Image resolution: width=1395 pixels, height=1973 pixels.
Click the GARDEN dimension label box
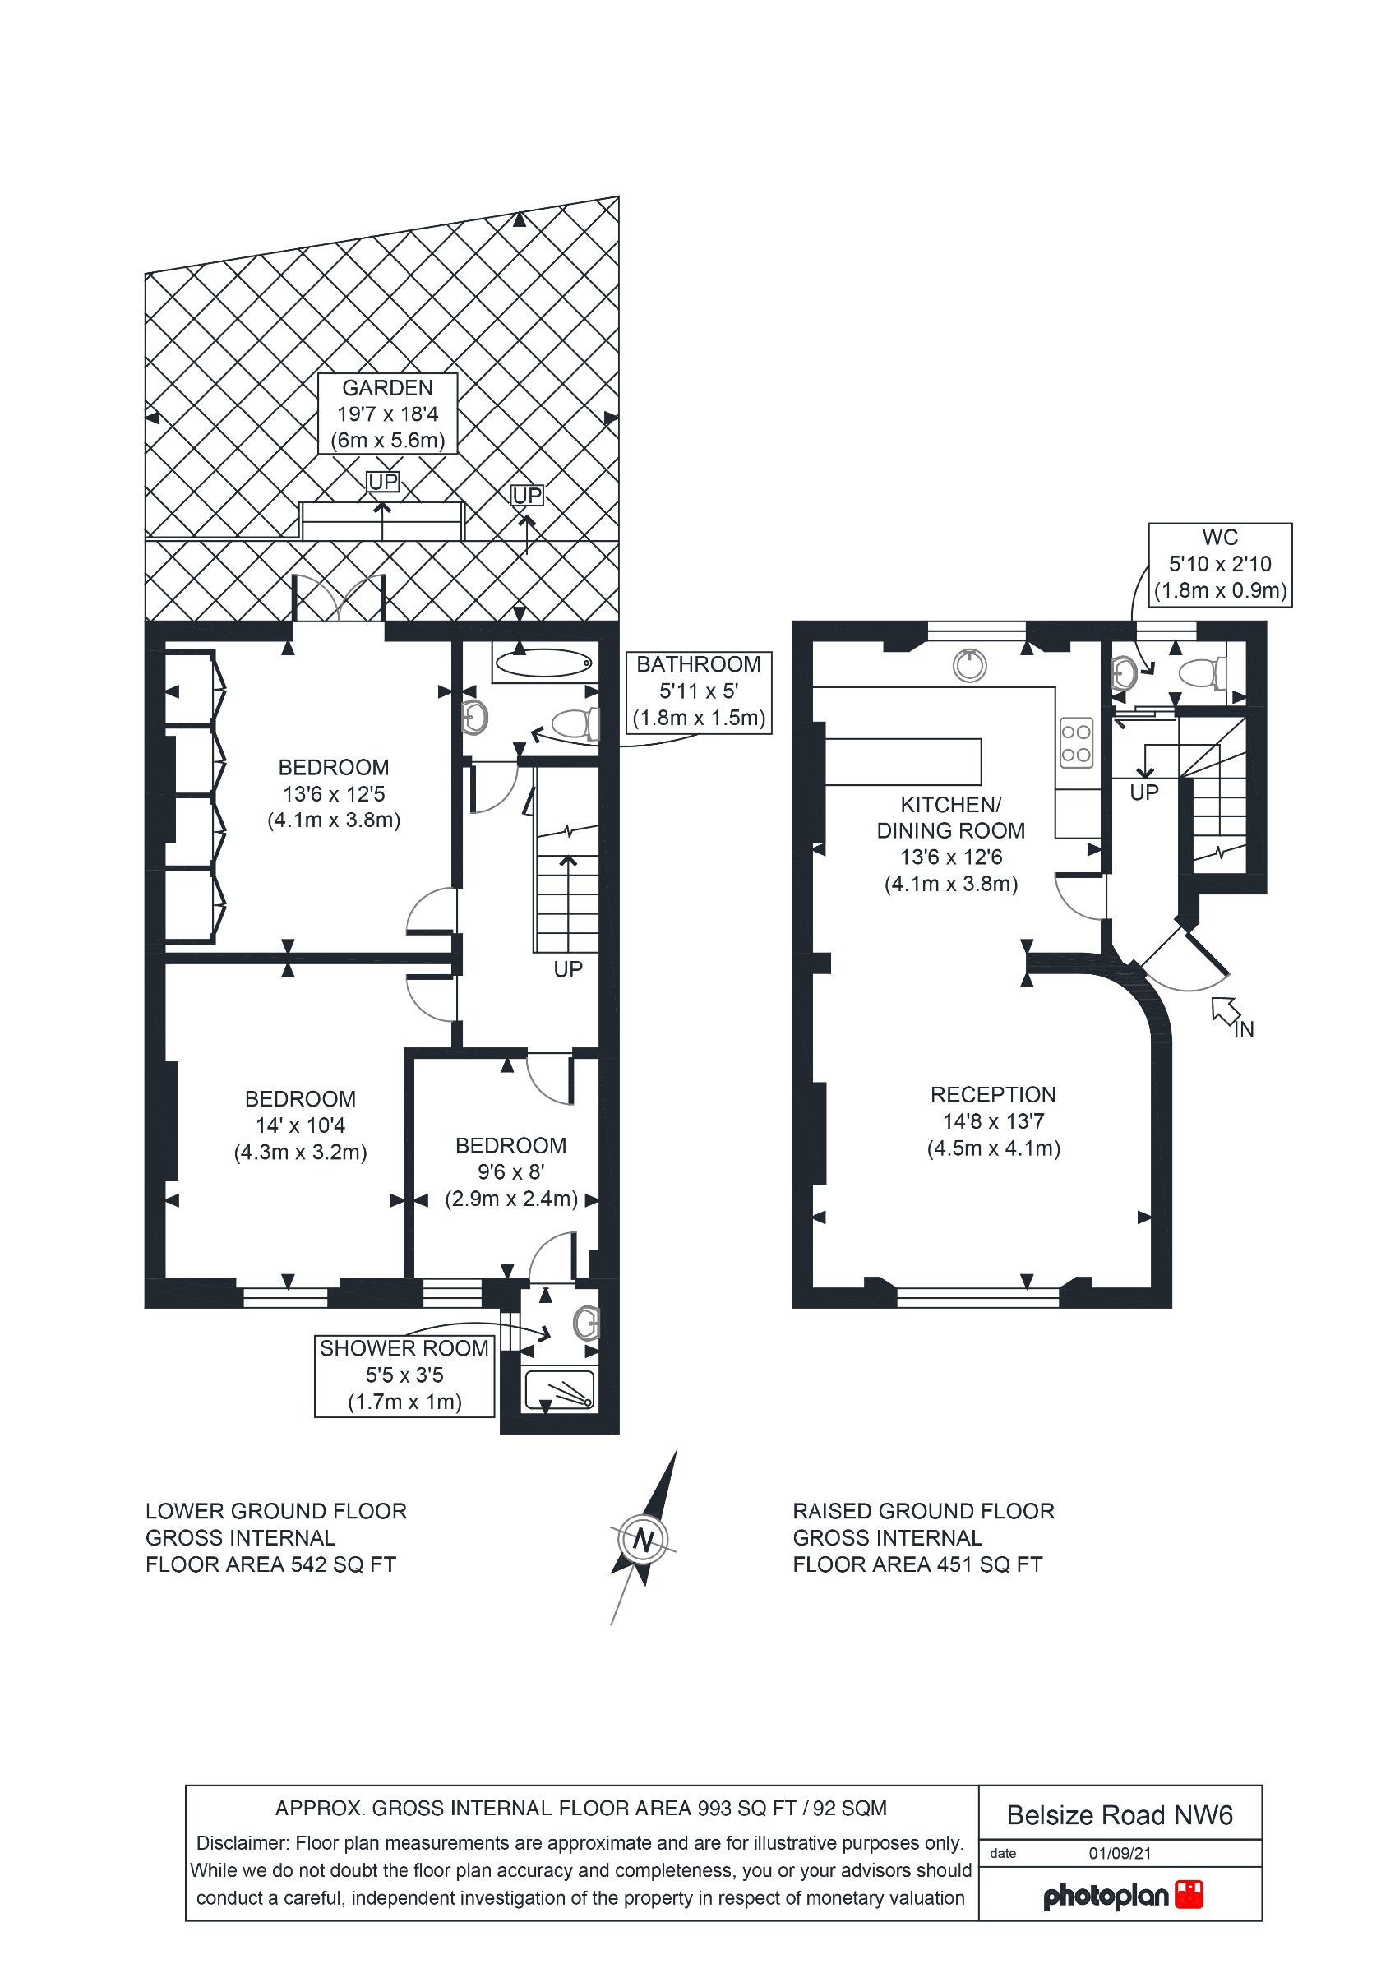click(x=387, y=414)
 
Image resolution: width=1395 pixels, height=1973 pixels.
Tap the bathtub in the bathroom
click(x=544, y=663)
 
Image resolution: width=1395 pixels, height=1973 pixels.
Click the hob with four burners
click(x=1076, y=742)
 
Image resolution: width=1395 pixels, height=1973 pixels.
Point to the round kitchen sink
click(x=969, y=665)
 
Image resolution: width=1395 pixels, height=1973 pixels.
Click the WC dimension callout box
click(x=1220, y=565)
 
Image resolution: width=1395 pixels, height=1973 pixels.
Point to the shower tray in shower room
click(x=560, y=1389)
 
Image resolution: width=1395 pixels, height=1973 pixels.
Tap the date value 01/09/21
click(x=1119, y=1853)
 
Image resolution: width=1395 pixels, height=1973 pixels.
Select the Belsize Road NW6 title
click(x=1119, y=1814)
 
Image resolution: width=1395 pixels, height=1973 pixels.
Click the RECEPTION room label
click(x=994, y=1121)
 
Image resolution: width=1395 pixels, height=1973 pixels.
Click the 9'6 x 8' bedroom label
click(x=511, y=1172)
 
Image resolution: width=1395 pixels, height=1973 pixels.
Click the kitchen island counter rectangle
click(x=903, y=761)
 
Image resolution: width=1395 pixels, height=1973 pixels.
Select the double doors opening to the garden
click(x=339, y=597)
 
